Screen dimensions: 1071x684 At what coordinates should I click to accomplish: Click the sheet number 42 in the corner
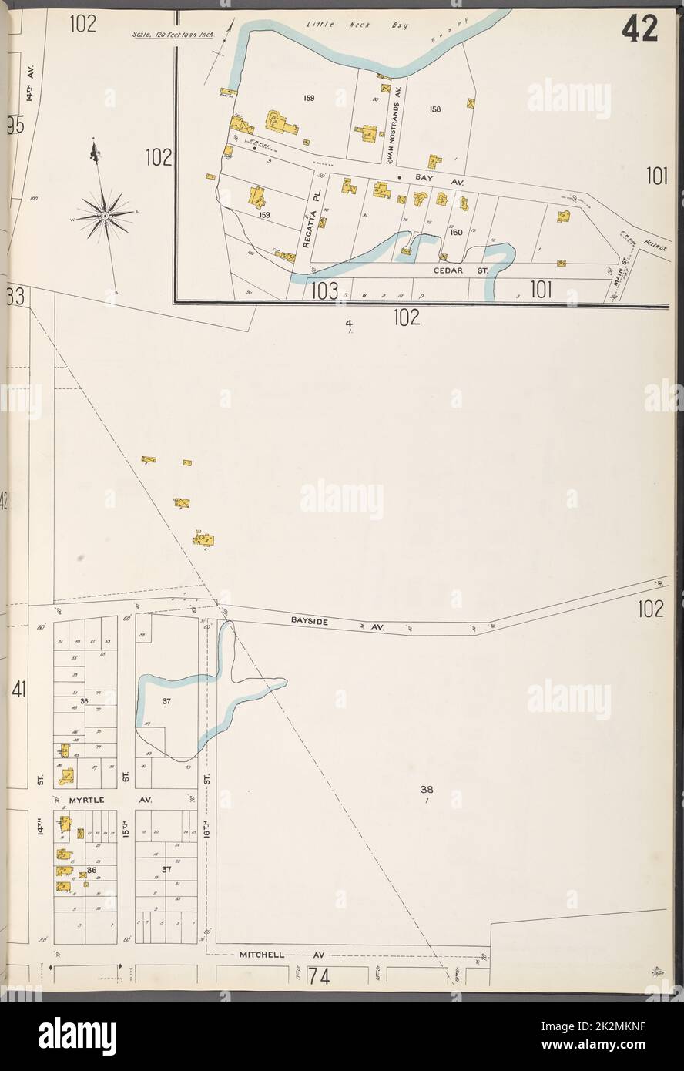coord(640,29)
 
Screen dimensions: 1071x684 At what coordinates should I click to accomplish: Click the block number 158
coord(435,109)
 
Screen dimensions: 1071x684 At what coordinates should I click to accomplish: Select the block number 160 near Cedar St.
coord(456,232)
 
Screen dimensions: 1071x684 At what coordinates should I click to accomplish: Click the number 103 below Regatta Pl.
coord(325,290)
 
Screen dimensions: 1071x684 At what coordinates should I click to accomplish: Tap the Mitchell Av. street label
coord(281,954)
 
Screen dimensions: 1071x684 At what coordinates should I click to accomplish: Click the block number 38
coord(426,789)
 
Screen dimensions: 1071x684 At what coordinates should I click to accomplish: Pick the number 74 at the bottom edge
coord(318,976)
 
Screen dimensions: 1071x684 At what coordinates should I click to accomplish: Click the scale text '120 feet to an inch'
coord(172,35)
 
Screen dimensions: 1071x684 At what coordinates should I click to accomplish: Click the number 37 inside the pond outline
coord(166,701)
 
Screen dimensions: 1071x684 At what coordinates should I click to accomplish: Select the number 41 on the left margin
coord(19,690)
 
